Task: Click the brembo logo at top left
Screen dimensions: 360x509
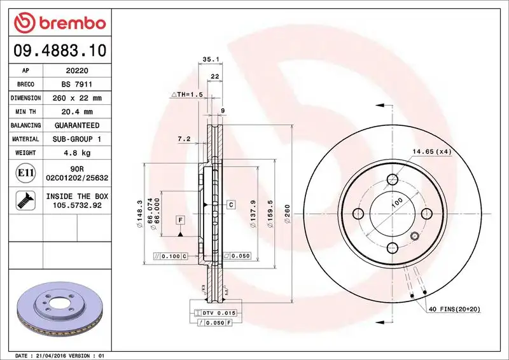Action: coord(59,23)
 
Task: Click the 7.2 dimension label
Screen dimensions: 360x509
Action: coord(184,138)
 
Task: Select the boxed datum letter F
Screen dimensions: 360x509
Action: coord(181,220)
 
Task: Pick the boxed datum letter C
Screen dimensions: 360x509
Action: coord(230,204)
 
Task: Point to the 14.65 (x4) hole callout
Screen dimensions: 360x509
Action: coord(431,151)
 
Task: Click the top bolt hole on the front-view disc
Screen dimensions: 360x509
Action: coord(393,180)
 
